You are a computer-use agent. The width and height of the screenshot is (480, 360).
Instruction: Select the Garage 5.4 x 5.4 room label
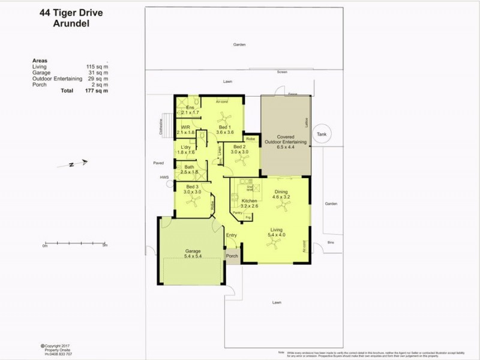(193, 254)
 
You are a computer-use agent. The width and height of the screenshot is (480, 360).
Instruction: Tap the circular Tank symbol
(322, 134)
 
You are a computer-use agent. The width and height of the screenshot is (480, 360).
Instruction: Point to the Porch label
(232, 256)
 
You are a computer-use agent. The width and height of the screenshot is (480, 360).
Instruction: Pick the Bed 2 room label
(239, 149)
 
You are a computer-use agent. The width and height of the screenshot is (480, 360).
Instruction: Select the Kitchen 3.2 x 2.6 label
(249, 203)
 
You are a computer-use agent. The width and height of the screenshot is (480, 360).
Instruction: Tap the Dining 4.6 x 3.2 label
(281, 194)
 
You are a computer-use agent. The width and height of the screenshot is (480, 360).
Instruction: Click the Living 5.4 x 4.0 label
(277, 232)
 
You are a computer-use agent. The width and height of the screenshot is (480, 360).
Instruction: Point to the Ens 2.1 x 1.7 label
(190, 110)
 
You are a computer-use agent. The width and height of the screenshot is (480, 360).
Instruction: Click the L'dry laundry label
(186, 149)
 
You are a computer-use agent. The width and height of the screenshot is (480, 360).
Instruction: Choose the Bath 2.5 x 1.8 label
(189, 169)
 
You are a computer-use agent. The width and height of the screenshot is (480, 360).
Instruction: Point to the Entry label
(232, 235)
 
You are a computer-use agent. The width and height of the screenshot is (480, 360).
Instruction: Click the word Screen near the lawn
(282, 72)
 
